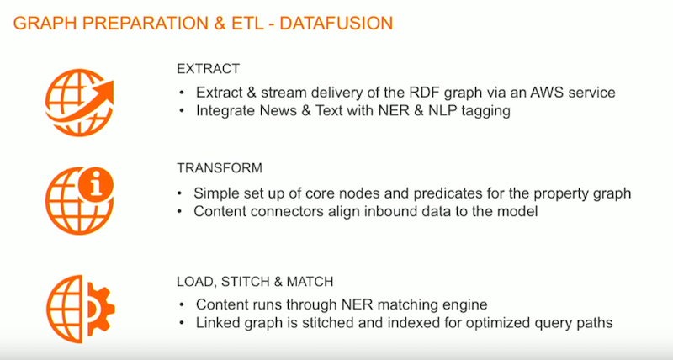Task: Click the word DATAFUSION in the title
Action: [336, 24]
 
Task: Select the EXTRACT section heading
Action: [208, 69]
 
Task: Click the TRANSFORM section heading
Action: [220, 167]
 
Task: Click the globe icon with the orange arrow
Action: [79, 103]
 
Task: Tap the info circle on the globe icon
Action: [96, 184]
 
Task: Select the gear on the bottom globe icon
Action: [101, 309]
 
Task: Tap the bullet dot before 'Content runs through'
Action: [182, 305]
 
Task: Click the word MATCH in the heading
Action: [310, 282]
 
